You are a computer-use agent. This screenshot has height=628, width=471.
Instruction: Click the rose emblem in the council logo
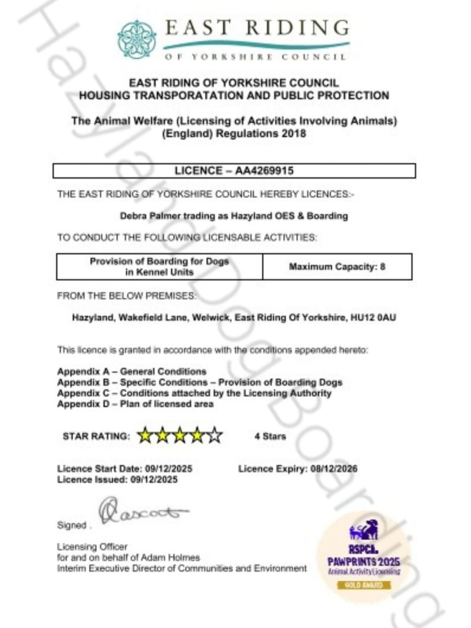click(x=137, y=40)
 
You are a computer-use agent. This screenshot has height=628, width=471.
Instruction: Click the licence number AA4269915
click(x=264, y=171)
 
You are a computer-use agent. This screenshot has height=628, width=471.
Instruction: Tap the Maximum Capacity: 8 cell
click(x=337, y=267)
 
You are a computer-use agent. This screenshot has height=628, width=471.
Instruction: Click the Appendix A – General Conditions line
click(x=132, y=372)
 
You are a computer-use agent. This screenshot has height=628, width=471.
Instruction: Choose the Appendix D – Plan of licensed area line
click(x=136, y=404)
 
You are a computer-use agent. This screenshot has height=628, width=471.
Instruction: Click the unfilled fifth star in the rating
click(x=215, y=436)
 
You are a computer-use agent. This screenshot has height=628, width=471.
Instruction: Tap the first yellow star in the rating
click(x=145, y=436)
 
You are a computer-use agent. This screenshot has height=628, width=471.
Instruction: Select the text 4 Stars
click(x=270, y=437)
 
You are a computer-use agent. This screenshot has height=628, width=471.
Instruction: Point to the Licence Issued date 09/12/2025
click(x=154, y=480)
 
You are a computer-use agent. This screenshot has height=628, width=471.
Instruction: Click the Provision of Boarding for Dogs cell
click(x=159, y=266)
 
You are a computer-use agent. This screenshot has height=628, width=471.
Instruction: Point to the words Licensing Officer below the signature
click(x=93, y=546)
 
